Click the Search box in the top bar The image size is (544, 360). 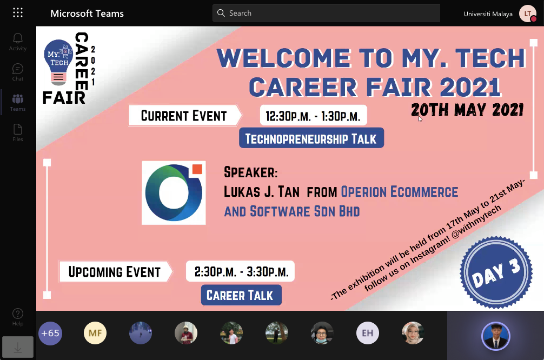pyautogui.click(x=326, y=13)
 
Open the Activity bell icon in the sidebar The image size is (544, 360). pyautogui.click(x=18, y=38)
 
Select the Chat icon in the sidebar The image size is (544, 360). pyautogui.click(x=18, y=69)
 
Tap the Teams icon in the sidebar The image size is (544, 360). pyautogui.click(x=18, y=99)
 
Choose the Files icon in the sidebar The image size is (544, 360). pyautogui.click(x=18, y=129)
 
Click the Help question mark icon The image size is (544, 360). pyautogui.click(x=18, y=314)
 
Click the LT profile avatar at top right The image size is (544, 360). pyautogui.click(x=528, y=14)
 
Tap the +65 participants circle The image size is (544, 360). pyautogui.click(x=50, y=334)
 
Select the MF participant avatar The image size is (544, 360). pyautogui.click(x=95, y=333)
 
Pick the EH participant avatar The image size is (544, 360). pyautogui.click(x=367, y=333)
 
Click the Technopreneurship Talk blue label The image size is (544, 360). pyautogui.click(x=311, y=138)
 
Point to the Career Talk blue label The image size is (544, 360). pyautogui.click(x=241, y=295)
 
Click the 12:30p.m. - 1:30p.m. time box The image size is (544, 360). pyautogui.click(x=313, y=115)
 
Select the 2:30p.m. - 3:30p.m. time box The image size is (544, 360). pyautogui.click(x=240, y=271)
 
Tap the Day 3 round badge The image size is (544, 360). pyautogui.click(x=496, y=272)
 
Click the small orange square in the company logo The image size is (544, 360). pyautogui.click(x=197, y=169)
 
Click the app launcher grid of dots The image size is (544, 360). pyautogui.click(x=18, y=13)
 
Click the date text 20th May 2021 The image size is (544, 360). pyautogui.click(x=467, y=110)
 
